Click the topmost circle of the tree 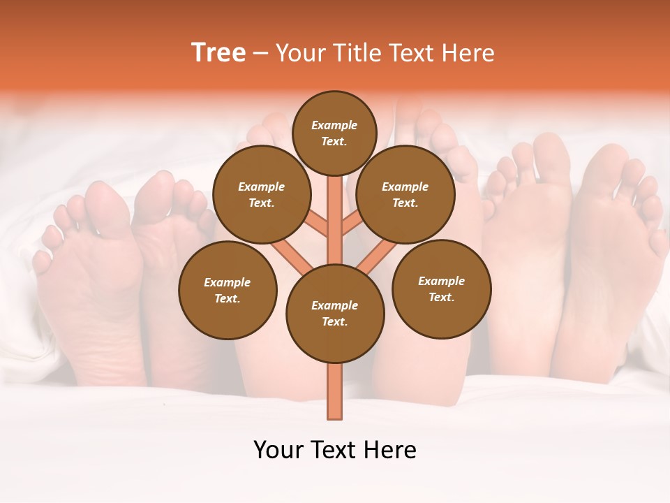tap(334, 133)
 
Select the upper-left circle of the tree tap(261, 194)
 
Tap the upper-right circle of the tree tap(405, 194)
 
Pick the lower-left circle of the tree tap(228, 290)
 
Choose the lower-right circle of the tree tap(441, 289)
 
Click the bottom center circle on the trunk tap(335, 313)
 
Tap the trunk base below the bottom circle tap(335, 391)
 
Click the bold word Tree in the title tap(218, 53)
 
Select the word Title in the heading tap(356, 53)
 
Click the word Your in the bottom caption tap(278, 450)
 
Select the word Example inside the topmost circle tap(334, 125)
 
